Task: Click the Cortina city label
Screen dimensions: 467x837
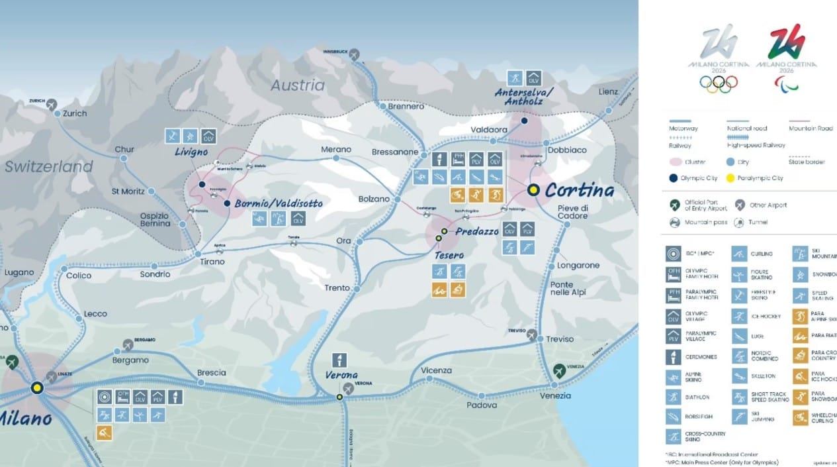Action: (579, 191)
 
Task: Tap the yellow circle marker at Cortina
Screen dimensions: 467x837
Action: (533, 190)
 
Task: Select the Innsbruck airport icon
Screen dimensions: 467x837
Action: (355, 54)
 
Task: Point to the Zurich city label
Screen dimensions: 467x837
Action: (75, 113)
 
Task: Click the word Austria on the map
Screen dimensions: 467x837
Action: (298, 85)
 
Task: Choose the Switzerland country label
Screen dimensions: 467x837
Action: (49, 167)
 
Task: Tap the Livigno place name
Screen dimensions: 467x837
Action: (191, 152)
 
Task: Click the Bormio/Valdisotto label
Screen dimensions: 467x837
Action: (279, 204)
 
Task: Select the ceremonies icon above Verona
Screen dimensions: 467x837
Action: (339, 360)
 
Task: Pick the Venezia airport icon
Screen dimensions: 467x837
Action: (559, 369)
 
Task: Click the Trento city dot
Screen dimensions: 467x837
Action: (356, 289)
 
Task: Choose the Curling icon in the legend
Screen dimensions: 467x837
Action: (739, 254)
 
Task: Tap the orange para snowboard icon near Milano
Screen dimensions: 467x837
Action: (104, 433)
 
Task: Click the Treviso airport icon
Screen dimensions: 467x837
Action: (532, 335)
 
